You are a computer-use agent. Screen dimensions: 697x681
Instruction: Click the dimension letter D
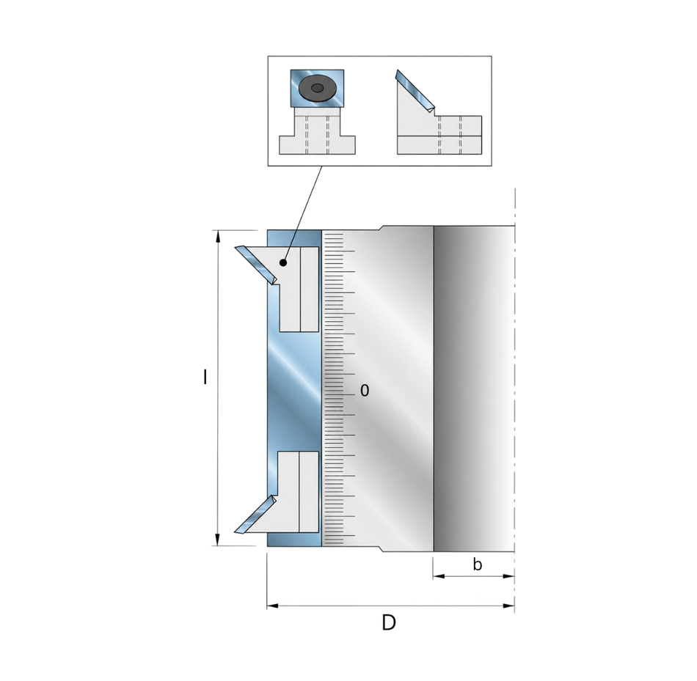389,622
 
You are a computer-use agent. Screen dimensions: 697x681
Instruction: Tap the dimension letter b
477,564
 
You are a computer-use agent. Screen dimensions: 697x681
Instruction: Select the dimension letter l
205,377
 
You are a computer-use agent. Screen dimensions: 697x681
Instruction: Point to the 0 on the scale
365,390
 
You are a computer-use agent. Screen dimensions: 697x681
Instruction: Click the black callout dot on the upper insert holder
283,263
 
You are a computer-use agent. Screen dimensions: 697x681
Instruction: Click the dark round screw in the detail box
317,88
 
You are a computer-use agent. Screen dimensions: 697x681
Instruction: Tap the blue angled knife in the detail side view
415,91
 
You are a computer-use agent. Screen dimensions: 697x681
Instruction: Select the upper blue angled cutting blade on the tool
255,265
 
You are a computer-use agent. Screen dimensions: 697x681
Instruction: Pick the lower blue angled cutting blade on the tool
255,515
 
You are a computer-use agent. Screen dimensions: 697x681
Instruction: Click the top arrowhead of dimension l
217,237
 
